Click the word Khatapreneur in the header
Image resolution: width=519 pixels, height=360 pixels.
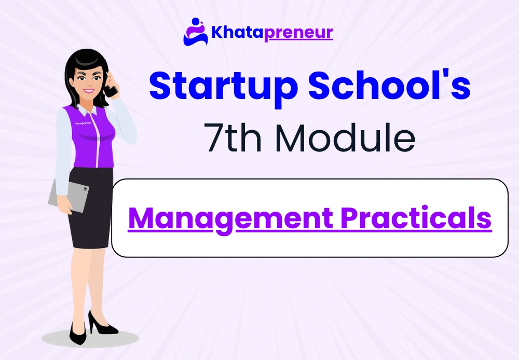pos(272,33)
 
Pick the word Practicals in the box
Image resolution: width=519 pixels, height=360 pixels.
pos(416,218)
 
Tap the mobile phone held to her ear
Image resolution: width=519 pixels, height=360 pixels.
pos(110,88)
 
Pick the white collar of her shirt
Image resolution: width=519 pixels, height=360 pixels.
pos(86,110)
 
